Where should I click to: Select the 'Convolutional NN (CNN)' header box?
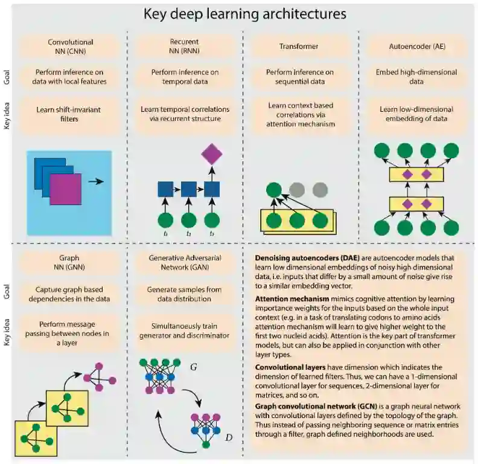[70, 47]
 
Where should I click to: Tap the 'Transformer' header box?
[299, 46]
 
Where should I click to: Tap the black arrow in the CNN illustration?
[95, 181]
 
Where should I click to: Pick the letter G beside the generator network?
[193, 367]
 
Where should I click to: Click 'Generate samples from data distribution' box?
[185, 294]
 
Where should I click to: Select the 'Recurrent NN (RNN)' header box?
[185, 47]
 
